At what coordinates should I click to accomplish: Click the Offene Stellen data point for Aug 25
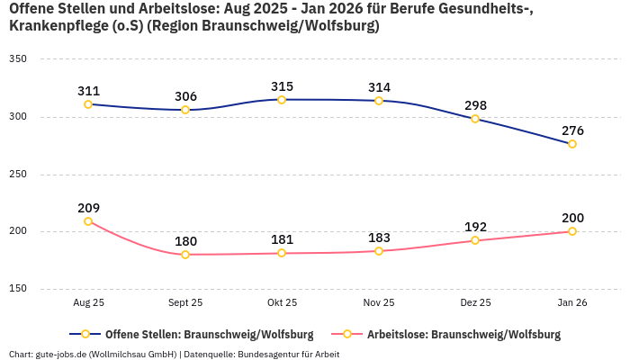tap(88, 104)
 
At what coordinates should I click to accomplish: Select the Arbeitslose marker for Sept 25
tap(185, 255)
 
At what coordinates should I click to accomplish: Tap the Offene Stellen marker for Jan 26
tap(572, 144)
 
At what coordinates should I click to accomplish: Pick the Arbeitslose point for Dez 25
tap(475, 240)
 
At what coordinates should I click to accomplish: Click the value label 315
tap(282, 86)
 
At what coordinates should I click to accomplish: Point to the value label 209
tap(88, 208)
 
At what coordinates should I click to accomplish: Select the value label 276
tap(572, 130)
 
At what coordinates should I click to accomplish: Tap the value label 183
tap(379, 238)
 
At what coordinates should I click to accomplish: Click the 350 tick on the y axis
tap(18, 59)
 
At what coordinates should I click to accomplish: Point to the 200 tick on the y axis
tap(18, 231)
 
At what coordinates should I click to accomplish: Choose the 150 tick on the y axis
tap(18, 289)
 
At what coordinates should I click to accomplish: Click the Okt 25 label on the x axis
tap(282, 303)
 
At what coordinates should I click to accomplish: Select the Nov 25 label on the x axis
tap(379, 303)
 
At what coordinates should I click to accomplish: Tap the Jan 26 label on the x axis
tap(572, 303)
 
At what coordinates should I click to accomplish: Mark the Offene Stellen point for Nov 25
tap(379, 101)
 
